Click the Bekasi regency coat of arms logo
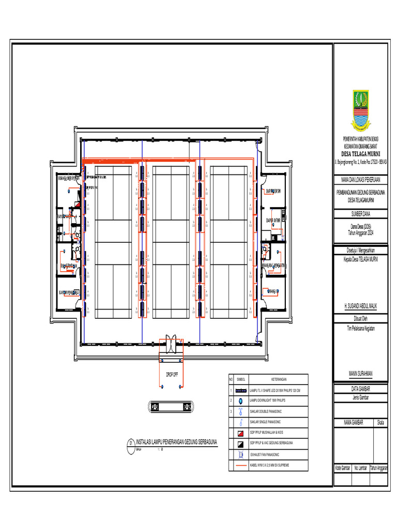click(x=360, y=109)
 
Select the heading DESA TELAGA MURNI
click(x=360, y=154)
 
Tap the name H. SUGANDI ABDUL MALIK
click(x=360, y=306)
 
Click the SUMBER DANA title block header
click(x=360, y=213)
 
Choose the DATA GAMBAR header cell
click(x=360, y=389)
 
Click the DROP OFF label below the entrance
click(x=171, y=374)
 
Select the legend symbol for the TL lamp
click(x=240, y=390)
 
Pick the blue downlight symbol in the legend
click(x=240, y=401)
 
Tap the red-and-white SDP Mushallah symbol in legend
click(x=240, y=433)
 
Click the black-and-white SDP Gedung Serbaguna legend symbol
click(x=240, y=444)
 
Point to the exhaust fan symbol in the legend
click(x=240, y=454)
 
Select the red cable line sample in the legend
click(x=240, y=465)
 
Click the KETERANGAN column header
click(x=278, y=379)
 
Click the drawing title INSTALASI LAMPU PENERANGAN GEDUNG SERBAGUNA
click(x=176, y=443)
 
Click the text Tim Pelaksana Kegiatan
click(x=360, y=328)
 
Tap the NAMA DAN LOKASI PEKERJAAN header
click(x=360, y=180)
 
